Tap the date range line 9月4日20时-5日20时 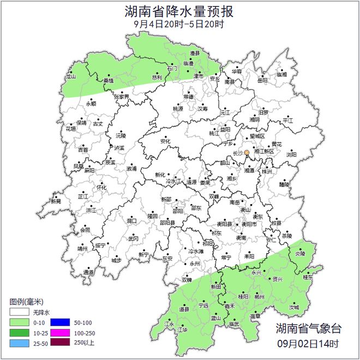tap(179, 24)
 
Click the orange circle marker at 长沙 tap(247, 153)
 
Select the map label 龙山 tap(70, 77)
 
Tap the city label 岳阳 tap(263, 80)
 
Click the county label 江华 tap(182, 330)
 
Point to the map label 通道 tap(88, 272)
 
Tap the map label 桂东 tap(308, 278)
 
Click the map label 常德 tap(188, 96)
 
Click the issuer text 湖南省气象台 tap(308, 329)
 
